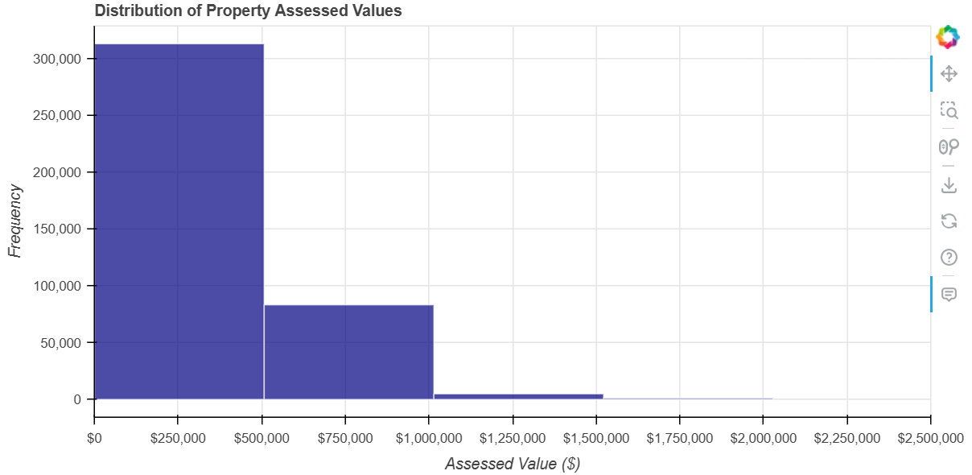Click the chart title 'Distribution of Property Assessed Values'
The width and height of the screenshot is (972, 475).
(248, 11)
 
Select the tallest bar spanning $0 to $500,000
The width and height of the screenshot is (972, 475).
(179, 221)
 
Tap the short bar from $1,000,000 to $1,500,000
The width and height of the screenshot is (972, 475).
(518, 396)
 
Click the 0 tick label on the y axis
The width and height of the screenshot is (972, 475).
(78, 399)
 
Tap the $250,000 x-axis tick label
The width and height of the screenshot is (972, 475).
(178, 438)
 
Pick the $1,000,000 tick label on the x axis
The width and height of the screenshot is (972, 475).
(429, 438)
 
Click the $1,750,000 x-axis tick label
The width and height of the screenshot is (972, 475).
(679, 438)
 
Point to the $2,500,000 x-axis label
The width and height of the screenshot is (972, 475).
(929, 438)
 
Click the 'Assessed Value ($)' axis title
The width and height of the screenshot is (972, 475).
(513, 464)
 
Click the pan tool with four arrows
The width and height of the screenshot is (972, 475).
(949, 74)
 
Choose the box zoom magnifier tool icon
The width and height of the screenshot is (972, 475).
(949, 109)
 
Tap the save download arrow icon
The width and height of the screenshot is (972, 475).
(949, 184)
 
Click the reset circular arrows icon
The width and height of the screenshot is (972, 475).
(949, 221)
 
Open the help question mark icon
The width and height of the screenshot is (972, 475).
(949, 258)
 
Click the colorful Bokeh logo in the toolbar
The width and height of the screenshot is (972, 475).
(948, 36)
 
